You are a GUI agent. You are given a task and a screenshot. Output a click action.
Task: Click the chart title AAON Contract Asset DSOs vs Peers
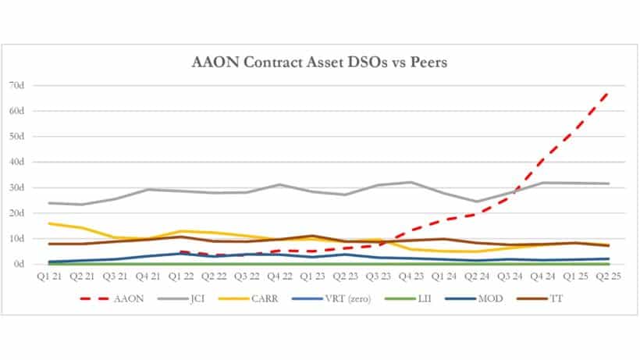coord(321,63)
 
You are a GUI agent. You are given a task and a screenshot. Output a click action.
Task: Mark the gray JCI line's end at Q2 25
coord(609,184)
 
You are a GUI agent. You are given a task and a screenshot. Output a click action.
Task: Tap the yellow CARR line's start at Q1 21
coord(49,223)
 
